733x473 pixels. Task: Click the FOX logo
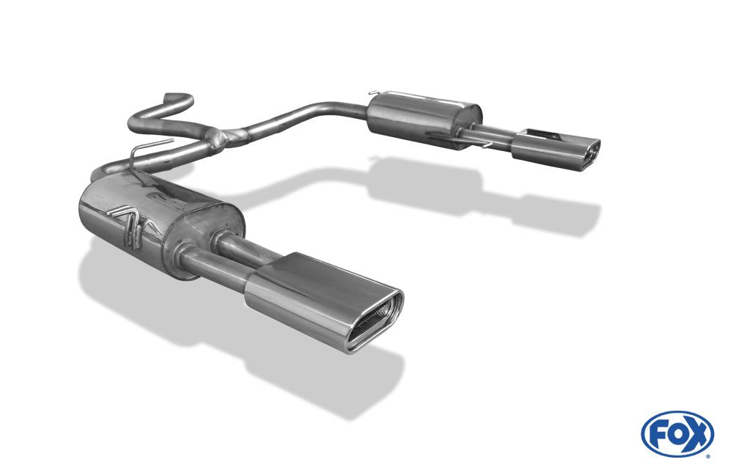(x=677, y=434)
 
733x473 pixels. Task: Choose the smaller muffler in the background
(x=424, y=119)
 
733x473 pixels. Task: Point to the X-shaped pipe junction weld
(x=228, y=137)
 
